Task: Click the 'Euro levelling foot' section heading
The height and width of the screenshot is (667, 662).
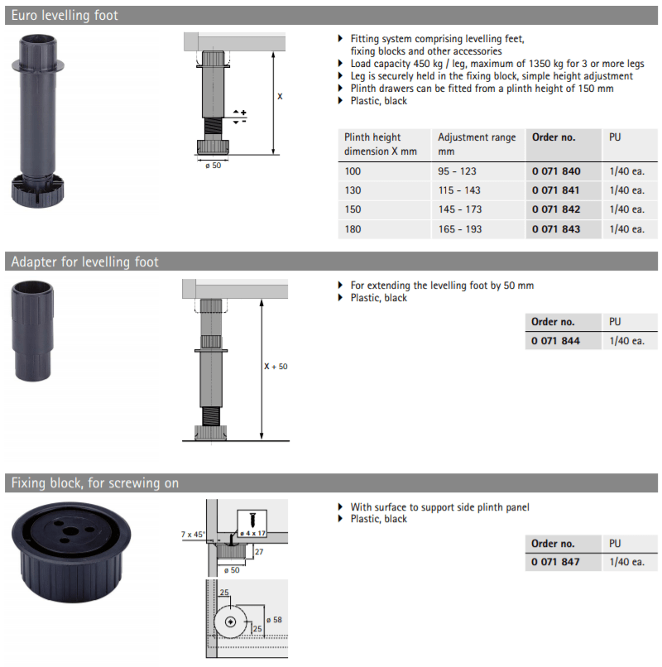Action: pos(65,16)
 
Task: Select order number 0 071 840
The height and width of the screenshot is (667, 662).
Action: pos(555,171)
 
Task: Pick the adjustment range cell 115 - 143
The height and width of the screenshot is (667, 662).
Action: pos(459,190)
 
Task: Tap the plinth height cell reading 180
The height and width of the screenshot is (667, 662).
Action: pos(353,229)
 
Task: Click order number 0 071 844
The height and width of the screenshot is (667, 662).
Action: pos(555,341)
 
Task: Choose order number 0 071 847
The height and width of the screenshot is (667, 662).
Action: pos(555,562)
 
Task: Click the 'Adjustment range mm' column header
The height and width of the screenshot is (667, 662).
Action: pos(477,144)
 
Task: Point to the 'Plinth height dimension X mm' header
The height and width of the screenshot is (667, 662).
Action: pos(381,144)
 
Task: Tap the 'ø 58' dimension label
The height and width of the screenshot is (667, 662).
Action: pos(274,620)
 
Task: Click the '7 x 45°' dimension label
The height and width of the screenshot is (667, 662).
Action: pos(193,535)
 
